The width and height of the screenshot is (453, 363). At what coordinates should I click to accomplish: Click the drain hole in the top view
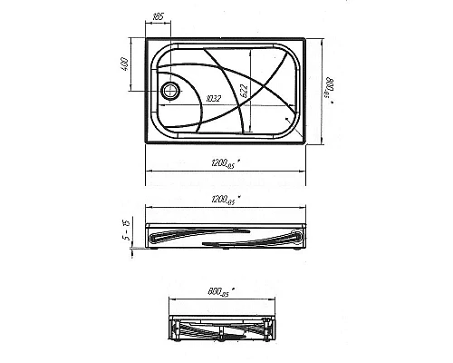[168, 91]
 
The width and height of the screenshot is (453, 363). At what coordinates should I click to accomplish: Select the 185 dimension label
[159, 16]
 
